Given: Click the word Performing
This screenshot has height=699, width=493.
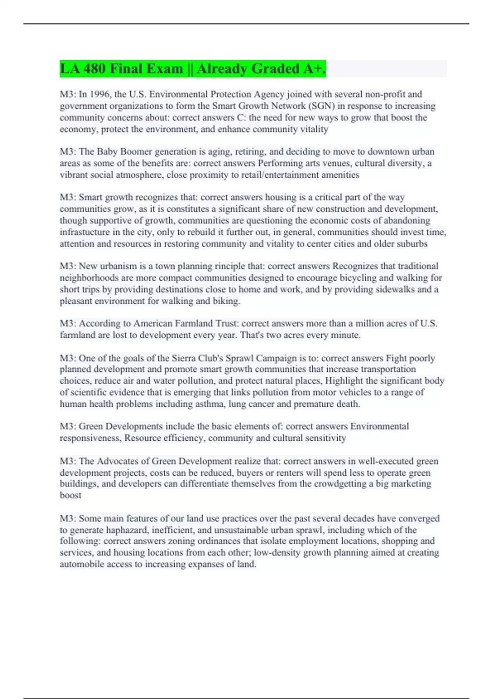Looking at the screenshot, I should [279, 163].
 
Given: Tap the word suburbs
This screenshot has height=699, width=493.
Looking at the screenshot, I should [412, 243].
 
